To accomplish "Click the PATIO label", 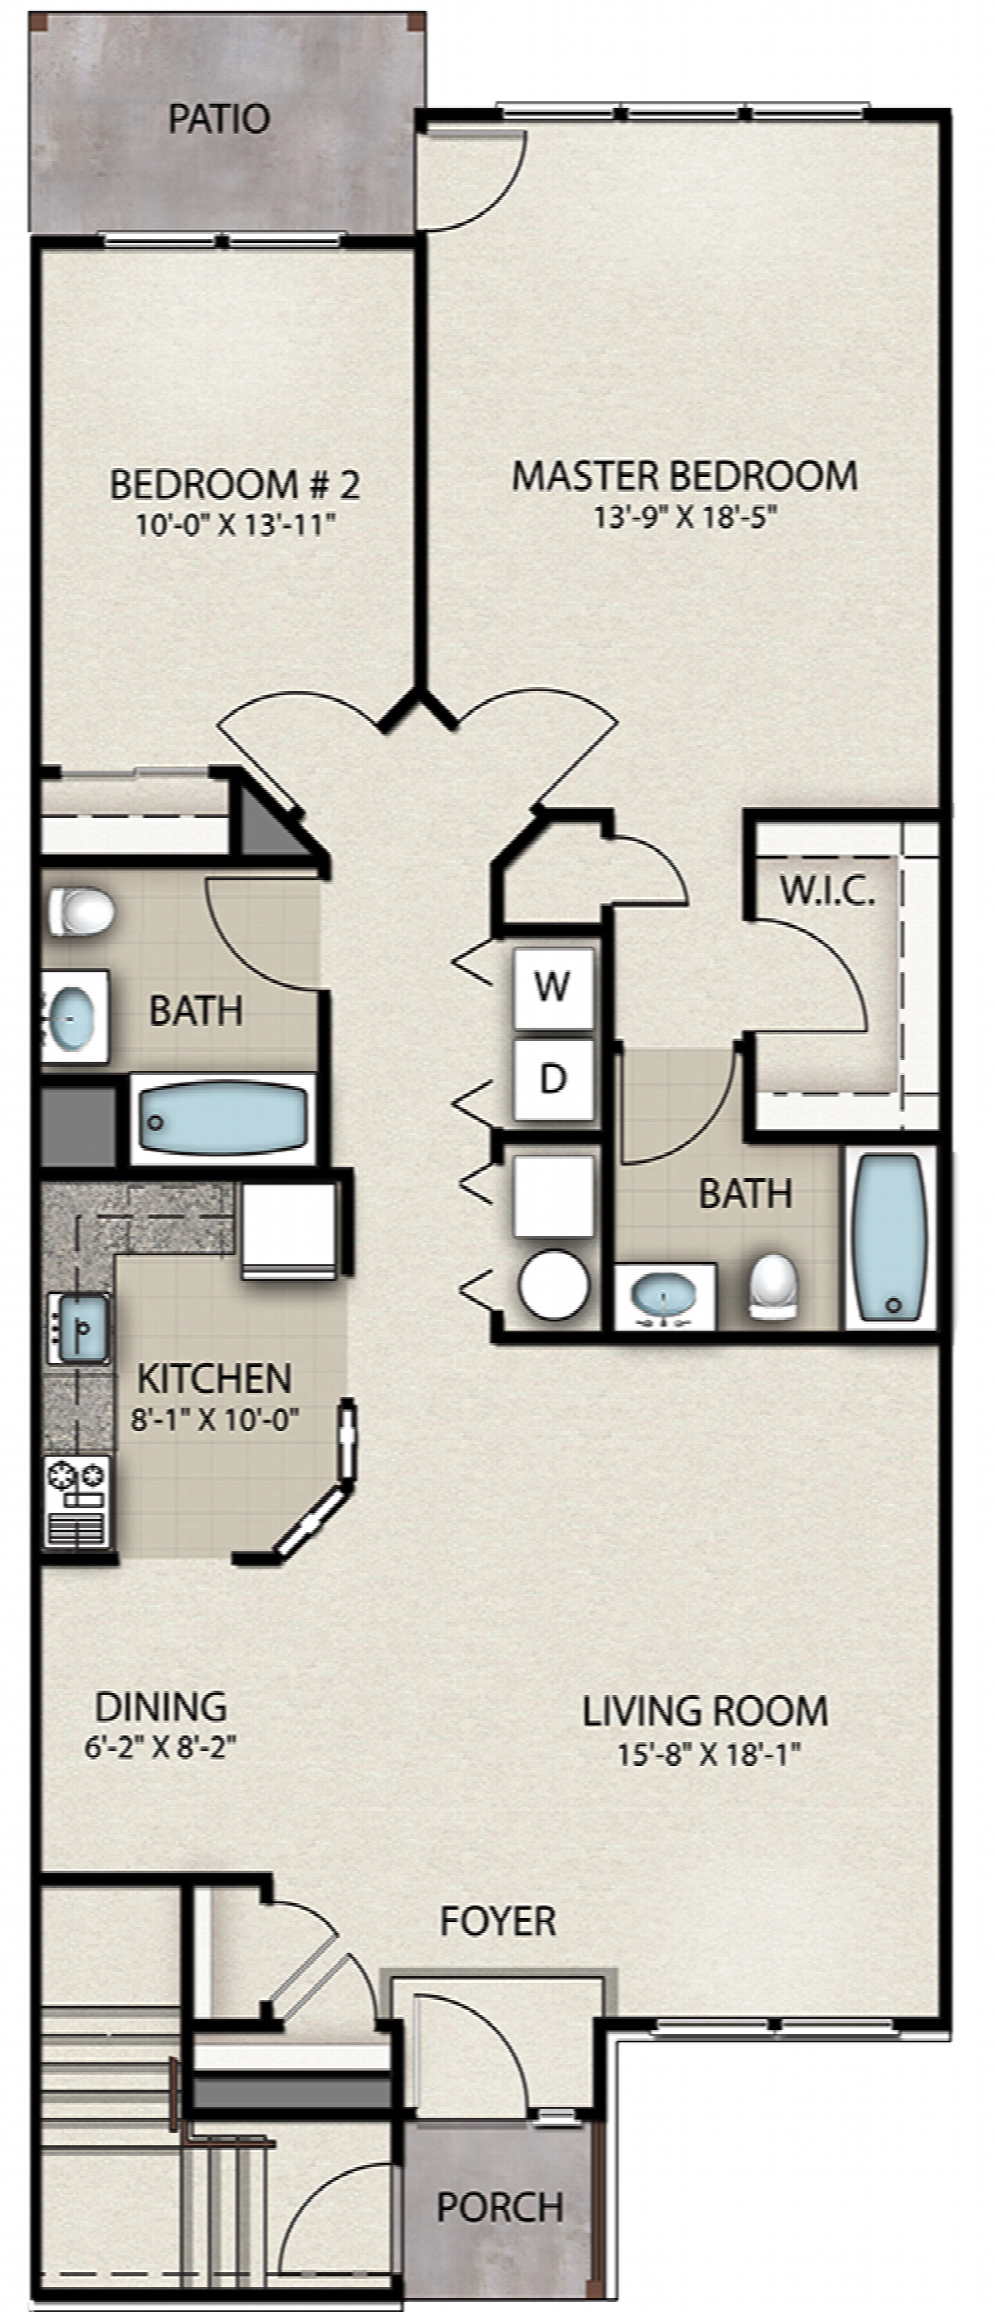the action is (220, 119).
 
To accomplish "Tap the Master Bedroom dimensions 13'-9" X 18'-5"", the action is (685, 517).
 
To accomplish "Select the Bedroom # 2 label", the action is (235, 484).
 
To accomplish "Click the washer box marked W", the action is (553, 987).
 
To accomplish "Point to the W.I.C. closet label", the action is (828, 890).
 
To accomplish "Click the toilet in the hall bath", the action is (80, 912).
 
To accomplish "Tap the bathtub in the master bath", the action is (890, 1236).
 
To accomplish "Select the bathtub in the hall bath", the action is (222, 1118).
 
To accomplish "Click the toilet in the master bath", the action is (774, 1285).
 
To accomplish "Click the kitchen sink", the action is (79, 1328).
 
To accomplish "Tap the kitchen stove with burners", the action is (77, 1502).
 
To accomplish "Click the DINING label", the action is (161, 1706).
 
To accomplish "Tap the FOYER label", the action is (498, 1920).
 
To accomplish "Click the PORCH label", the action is (500, 2207).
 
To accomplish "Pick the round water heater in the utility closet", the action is (554, 1284).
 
